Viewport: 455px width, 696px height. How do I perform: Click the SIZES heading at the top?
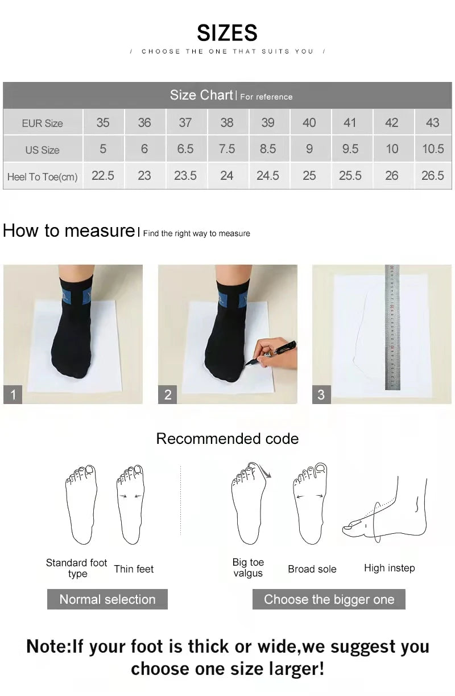(227, 33)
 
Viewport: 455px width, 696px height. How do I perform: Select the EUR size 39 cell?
(267, 122)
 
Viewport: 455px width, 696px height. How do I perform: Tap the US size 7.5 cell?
(226, 149)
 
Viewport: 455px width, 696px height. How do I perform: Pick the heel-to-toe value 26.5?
(432, 176)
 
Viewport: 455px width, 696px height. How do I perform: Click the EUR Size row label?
(42, 123)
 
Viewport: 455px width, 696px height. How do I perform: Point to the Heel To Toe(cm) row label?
(42, 177)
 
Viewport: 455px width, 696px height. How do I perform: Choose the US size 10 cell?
(391, 149)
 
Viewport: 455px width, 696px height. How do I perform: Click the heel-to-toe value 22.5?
(103, 176)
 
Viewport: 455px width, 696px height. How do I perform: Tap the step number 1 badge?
(13, 394)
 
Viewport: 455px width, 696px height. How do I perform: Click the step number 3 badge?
(321, 394)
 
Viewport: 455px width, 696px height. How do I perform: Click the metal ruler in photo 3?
(392, 327)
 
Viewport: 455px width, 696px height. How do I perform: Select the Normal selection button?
(107, 599)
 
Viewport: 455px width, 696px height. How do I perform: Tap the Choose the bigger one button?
(329, 599)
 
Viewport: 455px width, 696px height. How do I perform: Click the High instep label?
(389, 568)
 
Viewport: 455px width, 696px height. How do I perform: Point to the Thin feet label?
(134, 569)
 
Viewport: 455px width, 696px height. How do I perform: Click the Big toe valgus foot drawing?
(248, 504)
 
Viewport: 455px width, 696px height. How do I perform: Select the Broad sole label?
(312, 569)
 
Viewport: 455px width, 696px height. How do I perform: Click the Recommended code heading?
(227, 439)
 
